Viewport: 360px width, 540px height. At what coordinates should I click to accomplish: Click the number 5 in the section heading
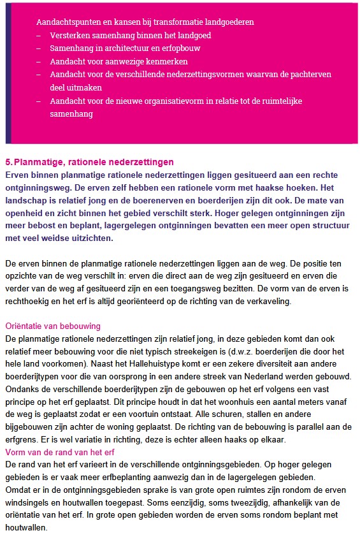click(8, 163)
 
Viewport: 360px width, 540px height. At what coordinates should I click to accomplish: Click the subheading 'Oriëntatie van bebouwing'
click(53, 326)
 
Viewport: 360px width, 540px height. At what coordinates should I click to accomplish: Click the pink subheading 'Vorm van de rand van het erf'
click(60, 453)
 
